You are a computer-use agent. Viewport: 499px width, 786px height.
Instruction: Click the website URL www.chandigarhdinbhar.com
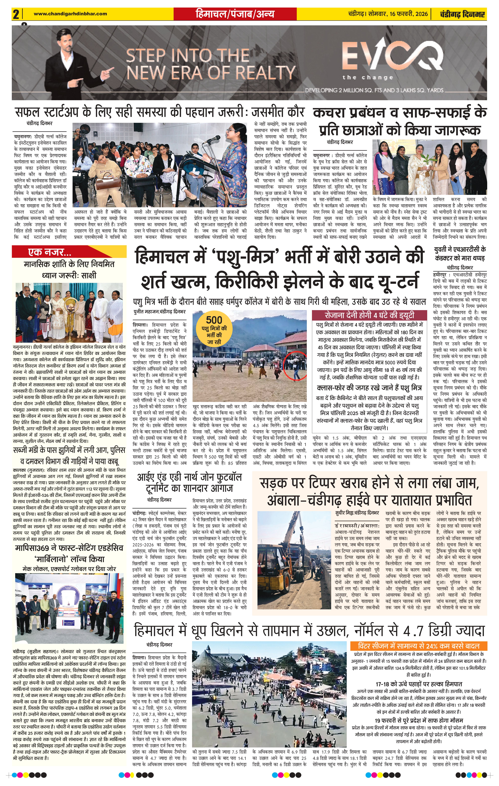pos(70,14)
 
